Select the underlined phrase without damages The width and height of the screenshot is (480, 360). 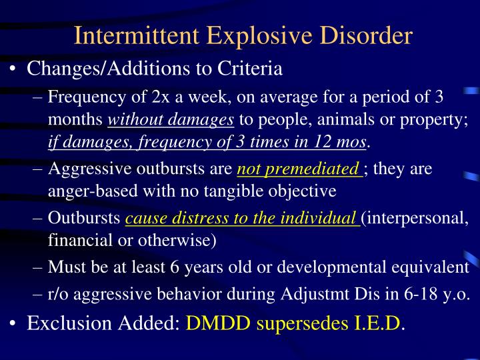pos(171,120)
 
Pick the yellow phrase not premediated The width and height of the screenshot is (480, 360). pos(299,169)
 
